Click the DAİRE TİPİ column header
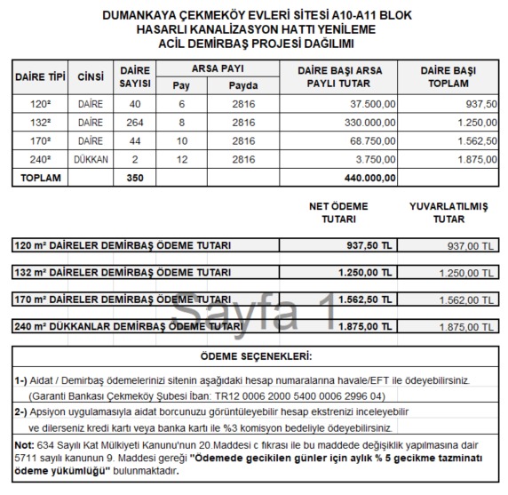[x=41, y=76]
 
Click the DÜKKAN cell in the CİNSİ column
[x=91, y=160]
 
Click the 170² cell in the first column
[x=41, y=141]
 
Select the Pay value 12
[x=181, y=160]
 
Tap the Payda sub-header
[x=242, y=85]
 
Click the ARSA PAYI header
[x=218, y=68]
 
